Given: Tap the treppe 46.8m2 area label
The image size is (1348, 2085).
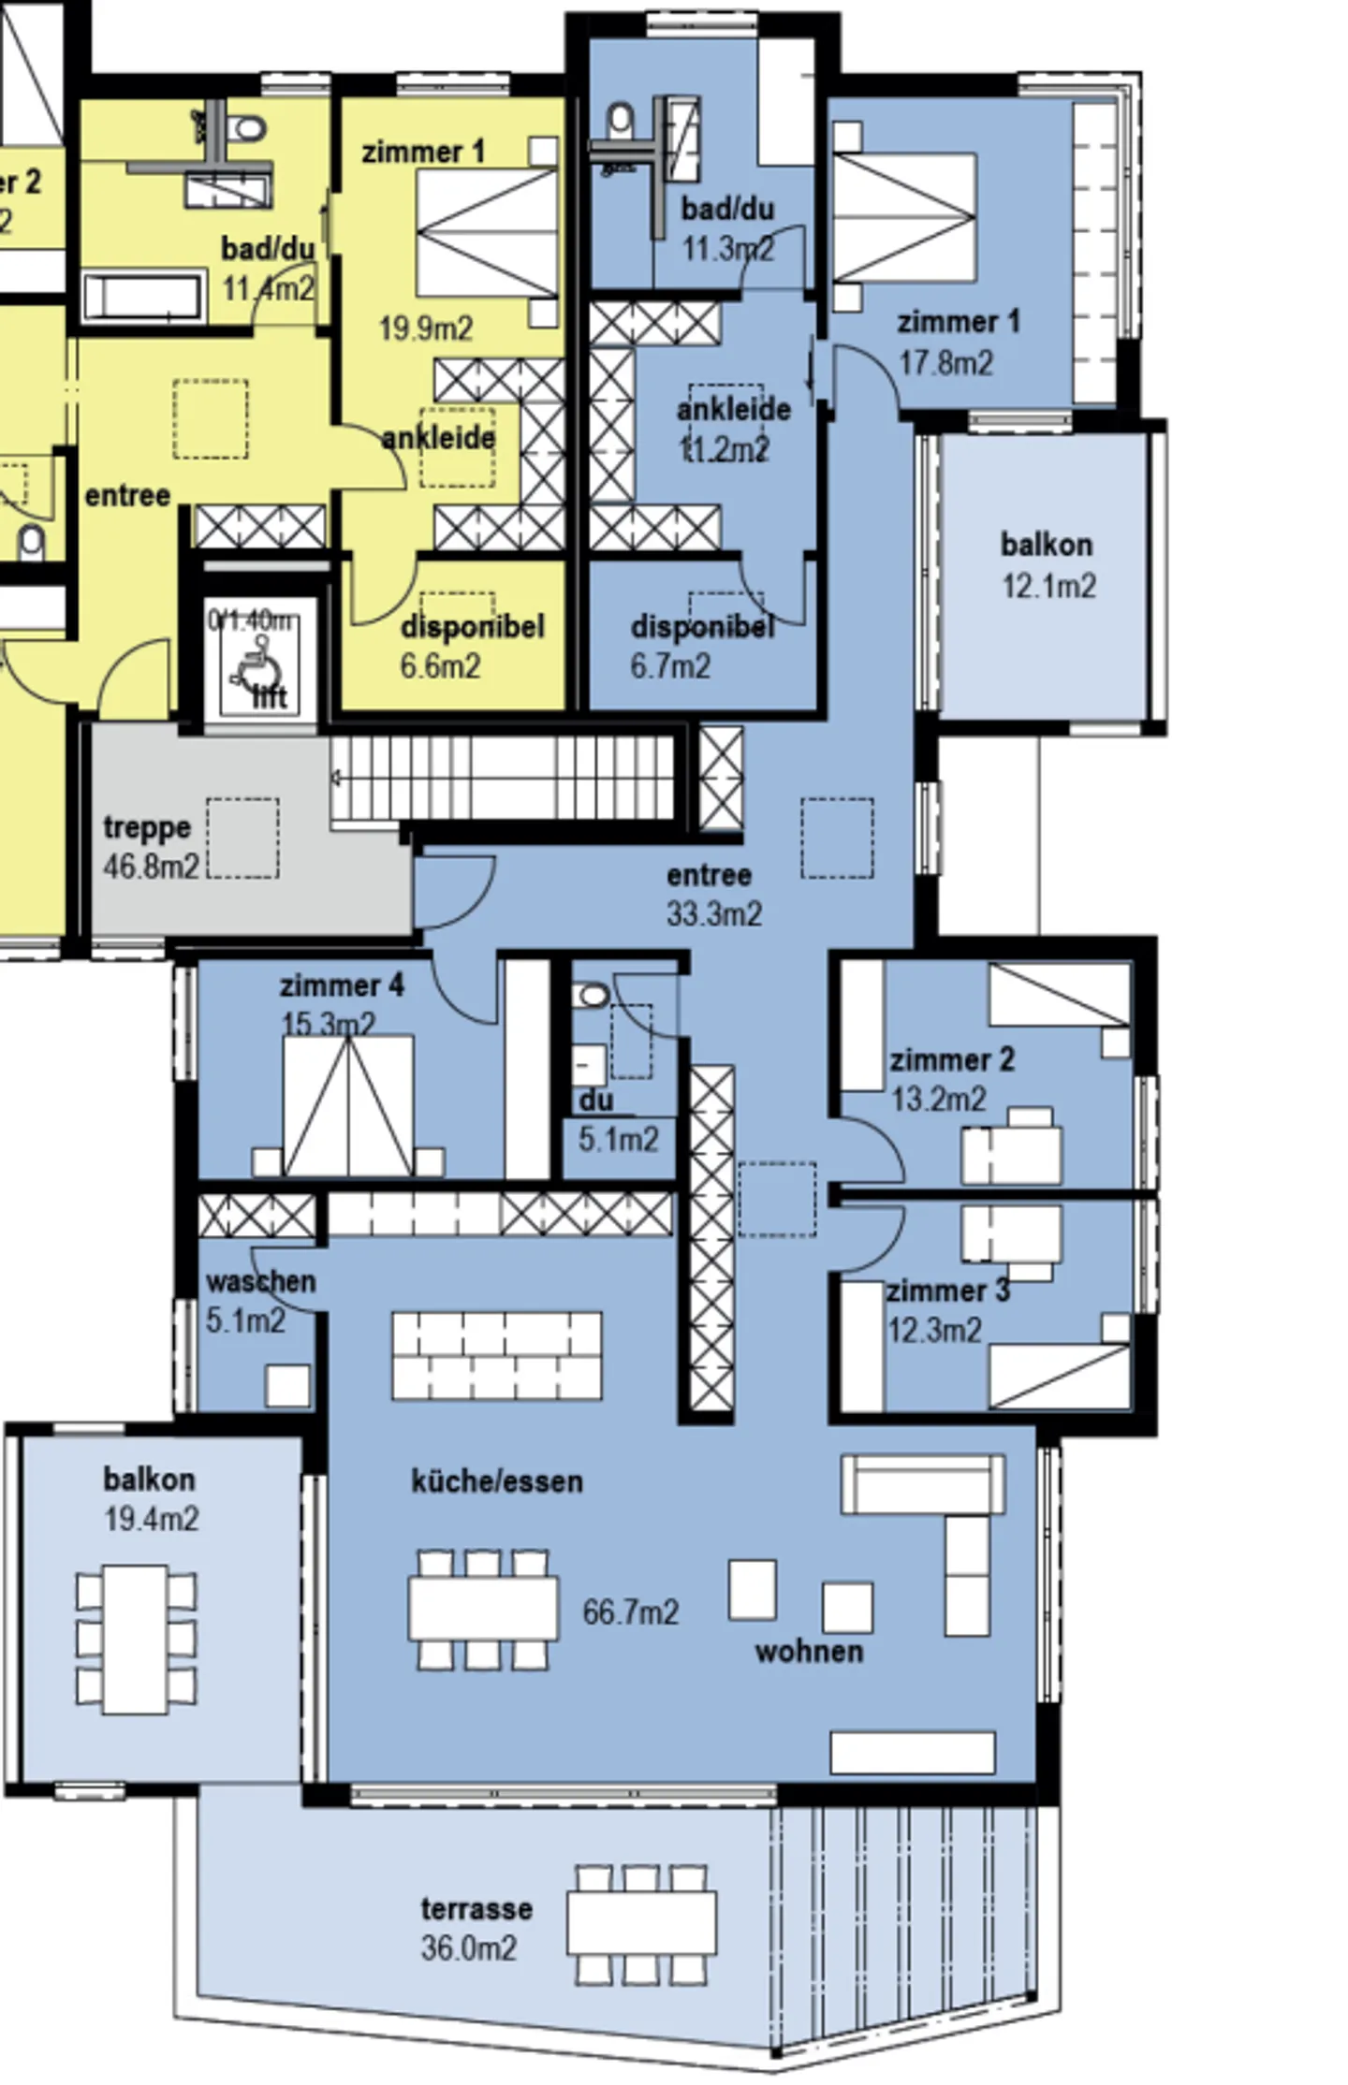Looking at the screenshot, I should pyautogui.click(x=150, y=847).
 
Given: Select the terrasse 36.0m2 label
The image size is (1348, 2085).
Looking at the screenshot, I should pyautogui.click(x=475, y=1929).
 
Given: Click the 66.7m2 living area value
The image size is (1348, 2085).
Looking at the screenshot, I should pyautogui.click(x=630, y=1611).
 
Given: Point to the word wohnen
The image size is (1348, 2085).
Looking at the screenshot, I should pyautogui.click(x=809, y=1651).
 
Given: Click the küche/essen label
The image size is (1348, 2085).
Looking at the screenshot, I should pyautogui.click(x=497, y=1480).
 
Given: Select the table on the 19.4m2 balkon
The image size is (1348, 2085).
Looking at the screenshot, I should pyautogui.click(x=136, y=1639).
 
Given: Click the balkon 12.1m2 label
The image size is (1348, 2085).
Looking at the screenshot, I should pyautogui.click(x=1047, y=565).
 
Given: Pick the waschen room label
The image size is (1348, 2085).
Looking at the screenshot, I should pyautogui.click(x=259, y=1281).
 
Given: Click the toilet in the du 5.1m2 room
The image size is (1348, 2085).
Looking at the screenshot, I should pyautogui.click(x=592, y=995).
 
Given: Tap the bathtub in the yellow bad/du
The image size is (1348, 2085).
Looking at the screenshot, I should pyautogui.click(x=142, y=297).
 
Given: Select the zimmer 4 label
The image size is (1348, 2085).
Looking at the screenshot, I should pyautogui.click(x=341, y=985).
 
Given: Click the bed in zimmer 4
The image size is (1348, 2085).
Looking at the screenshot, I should pyautogui.click(x=347, y=1106).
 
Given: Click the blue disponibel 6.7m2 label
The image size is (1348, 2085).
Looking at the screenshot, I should pyautogui.click(x=701, y=646).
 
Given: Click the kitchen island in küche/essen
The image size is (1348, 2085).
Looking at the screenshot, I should pyautogui.click(x=496, y=1355).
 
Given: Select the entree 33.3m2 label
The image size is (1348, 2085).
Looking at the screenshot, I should pyautogui.click(x=711, y=894).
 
